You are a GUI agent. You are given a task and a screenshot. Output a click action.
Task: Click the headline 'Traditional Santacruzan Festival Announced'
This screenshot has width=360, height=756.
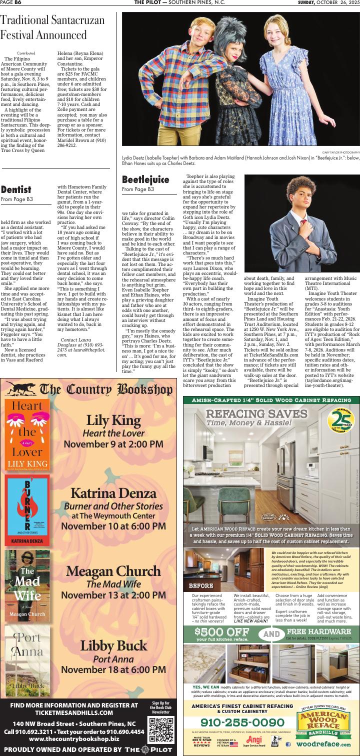point(52,27)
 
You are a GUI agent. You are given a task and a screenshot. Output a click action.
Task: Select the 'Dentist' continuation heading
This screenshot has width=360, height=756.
point(16,189)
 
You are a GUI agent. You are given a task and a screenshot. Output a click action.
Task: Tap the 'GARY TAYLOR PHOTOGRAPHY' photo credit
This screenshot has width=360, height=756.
point(340,151)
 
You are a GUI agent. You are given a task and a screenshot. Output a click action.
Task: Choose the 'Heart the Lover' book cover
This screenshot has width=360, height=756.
point(27,435)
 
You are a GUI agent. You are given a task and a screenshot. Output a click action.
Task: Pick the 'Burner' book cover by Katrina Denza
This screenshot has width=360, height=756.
point(27,510)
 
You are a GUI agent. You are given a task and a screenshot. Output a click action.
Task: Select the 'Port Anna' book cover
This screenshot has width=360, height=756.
point(27,660)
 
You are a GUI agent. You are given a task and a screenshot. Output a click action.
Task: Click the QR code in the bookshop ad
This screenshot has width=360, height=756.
point(161,729)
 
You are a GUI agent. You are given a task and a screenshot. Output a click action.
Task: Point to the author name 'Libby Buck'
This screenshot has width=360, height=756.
point(114,645)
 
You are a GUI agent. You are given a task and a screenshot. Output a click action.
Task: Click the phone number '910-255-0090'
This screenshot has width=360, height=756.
point(241,722)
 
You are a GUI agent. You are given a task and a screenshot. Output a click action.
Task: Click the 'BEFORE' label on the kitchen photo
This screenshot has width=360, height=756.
point(201,585)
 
